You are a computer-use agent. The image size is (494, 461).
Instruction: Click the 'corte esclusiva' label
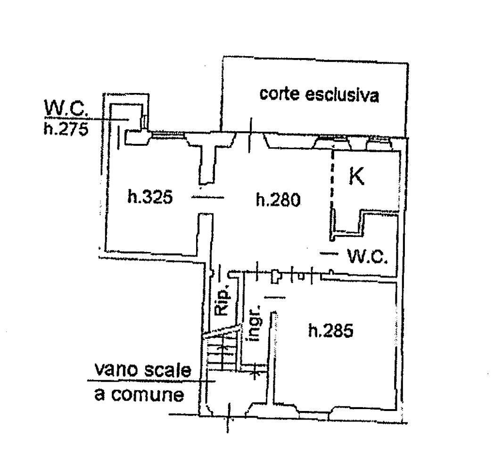pos(319,94)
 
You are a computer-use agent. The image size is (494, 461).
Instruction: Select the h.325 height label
pos(150,197)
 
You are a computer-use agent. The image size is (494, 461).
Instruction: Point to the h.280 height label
pos(278,200)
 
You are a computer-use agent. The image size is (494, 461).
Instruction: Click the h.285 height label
pos(331,331)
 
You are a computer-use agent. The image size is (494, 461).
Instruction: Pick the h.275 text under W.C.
pos(66,129)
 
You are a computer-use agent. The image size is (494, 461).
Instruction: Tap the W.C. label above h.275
pos(66,109)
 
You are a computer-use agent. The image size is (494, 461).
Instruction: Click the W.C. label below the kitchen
pos(367,256)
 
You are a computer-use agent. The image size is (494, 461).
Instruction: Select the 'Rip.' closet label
pos(222,301)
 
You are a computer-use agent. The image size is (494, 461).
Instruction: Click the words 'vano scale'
pos(143,370)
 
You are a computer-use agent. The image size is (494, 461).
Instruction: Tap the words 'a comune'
pos(139,394)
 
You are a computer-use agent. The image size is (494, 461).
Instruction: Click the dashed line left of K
pos(332,179)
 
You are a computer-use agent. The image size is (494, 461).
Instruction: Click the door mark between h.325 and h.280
pos(208,198)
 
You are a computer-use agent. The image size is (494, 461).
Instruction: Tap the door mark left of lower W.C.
pos(329,253)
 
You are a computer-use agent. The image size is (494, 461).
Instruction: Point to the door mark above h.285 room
pos(275,297)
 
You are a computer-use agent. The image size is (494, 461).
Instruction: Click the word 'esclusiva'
pos(342,94)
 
